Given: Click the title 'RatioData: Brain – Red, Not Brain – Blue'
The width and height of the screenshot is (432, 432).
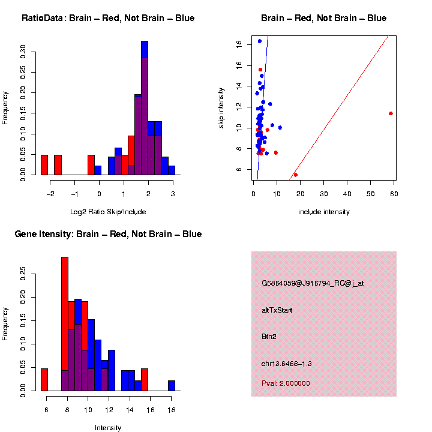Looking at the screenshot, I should click(x=108, y=18).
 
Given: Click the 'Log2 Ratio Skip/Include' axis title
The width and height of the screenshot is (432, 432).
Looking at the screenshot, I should click(x=108, y=212).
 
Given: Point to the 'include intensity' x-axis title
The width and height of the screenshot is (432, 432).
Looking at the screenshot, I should click(x=324, y=212).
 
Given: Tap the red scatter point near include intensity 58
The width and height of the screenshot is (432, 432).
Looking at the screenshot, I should click(x=391, y=113).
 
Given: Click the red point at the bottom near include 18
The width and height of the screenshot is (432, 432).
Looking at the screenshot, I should click(x=295, y=175).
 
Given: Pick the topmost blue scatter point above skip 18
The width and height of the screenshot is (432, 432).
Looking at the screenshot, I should click(x=259, y=41).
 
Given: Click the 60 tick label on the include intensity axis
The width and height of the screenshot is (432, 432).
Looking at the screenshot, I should click(x=395, y=193).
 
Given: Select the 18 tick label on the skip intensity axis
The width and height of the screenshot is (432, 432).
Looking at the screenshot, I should click(x=239, y=44).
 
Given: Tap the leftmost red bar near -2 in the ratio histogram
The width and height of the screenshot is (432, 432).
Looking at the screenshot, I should click(x=44, y=165).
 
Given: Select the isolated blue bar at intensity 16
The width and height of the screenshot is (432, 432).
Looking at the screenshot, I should click(x=172, y=386).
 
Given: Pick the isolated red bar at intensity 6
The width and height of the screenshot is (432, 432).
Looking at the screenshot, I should click(x=44, y=380).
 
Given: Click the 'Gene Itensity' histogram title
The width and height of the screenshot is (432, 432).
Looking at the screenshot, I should click(x=108, y=234).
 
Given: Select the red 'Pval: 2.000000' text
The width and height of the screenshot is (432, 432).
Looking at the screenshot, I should click(x=286, y=383).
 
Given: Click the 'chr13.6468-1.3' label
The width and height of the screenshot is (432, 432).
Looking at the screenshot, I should click(x=286, y=364).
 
